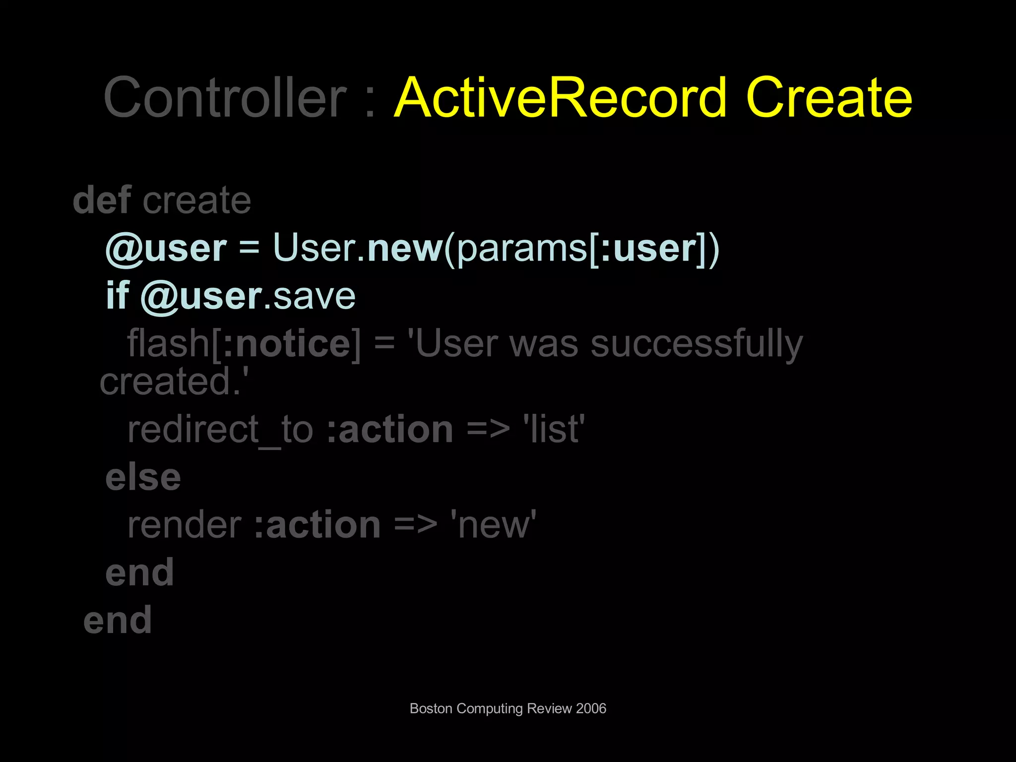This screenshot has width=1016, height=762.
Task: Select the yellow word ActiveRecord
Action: point(561,98)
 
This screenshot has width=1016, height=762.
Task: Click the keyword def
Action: point(102,200)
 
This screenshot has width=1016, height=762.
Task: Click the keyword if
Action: point(117,296)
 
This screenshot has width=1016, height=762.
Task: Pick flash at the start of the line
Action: point(168,343)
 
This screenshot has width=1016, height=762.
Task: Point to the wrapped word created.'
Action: point(174,382)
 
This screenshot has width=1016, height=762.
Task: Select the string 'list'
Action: point(554,429)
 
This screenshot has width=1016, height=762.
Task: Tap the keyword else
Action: point(143,477)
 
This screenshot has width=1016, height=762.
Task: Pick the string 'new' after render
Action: point(493,525)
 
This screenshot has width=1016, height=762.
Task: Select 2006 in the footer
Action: point(591,708)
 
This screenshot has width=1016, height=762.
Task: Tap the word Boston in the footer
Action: point(431,708)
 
